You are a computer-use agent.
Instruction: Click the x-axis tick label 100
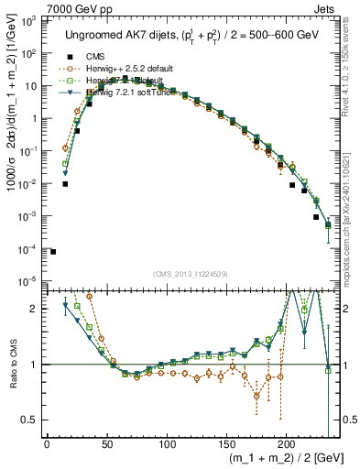point(167,445)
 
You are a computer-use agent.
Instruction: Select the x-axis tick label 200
point(286,445)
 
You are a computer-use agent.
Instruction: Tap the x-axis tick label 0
point(47,445)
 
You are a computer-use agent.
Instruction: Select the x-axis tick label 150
point(226,445)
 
